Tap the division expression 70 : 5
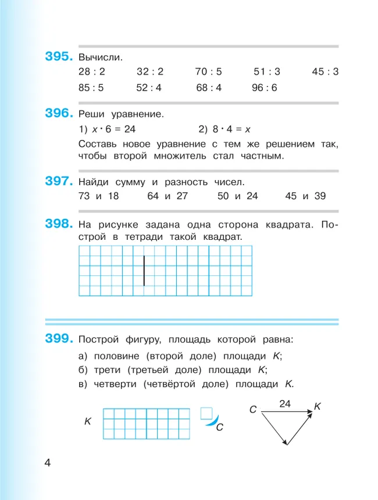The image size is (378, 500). click(x=209, y=72)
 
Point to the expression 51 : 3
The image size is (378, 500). click(x=267, y=72)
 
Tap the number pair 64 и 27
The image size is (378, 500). click(x=167, y=196)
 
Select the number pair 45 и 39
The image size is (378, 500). click(x=305, y=196)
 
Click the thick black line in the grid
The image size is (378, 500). click(x=144, y=270)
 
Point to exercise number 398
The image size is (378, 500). click(x=59, y=223)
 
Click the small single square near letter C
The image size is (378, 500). click(x=205, y=413)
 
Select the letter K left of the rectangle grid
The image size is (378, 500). click(x=87, y=421)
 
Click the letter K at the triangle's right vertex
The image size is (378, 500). click(x=317, y=407)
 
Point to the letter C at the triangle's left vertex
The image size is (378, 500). click(x=253, y=410)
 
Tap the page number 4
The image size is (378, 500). click(x=48, y=463)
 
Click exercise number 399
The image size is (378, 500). click(x=59, y=338)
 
